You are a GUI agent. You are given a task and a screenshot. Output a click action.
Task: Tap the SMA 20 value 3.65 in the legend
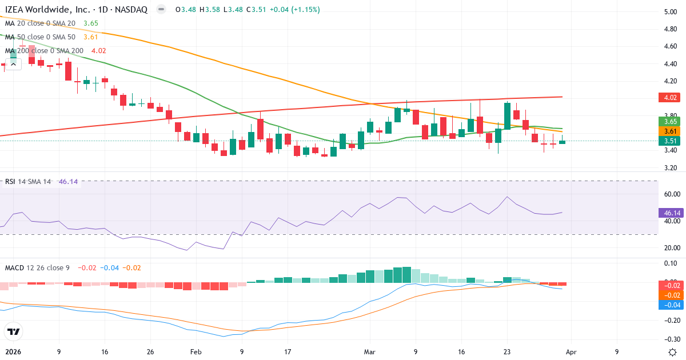coord(91,23)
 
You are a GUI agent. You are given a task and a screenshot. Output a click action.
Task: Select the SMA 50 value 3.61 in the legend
coord(91,37)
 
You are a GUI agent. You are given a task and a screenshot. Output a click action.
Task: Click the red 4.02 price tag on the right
coord(668,98)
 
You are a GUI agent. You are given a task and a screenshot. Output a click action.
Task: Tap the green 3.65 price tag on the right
coord(668,122)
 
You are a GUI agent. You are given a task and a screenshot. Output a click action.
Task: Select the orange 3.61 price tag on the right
coord(668,131)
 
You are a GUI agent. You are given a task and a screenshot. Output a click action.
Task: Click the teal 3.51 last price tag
coord(668,141)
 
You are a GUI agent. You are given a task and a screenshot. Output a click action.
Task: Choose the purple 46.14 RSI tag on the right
coord(668,213)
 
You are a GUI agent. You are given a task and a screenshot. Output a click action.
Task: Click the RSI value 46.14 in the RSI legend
coord(68,182)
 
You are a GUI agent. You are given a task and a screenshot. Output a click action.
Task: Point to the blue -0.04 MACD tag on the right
coord(668,305)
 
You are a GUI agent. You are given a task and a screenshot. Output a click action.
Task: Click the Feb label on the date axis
coord(196,352)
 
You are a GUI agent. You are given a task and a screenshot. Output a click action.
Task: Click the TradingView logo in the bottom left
coord(13,331)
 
